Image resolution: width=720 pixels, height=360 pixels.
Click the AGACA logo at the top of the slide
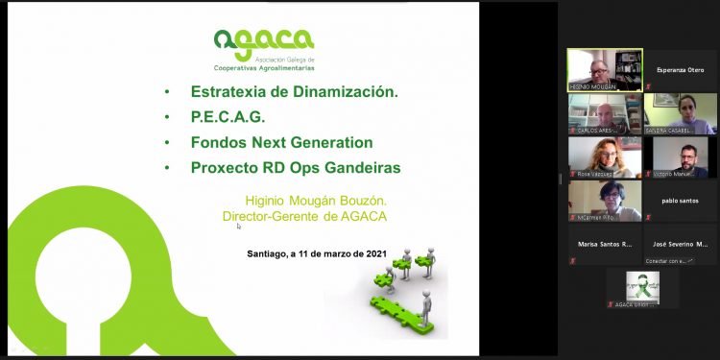tap(264, 49)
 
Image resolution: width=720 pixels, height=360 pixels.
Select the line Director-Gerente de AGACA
tap(304, 217)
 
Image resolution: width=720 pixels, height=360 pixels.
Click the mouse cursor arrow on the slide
tap(238, 227)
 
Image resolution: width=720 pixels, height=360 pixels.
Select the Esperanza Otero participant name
tap(680, 69)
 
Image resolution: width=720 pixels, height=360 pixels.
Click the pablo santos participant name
tap(680, 201)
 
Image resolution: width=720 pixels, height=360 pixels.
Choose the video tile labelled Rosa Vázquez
tap(604, 156)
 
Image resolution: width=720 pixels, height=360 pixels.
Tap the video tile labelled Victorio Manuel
tap(681, 156)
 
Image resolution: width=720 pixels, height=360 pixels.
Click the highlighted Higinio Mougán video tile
tap(604, 69)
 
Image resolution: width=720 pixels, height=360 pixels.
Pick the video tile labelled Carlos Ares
tap(604, 113)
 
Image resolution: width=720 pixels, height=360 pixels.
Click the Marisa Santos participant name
tap(604, 244)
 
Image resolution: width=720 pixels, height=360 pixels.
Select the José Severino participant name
tap(681, 244)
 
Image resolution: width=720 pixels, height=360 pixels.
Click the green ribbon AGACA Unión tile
tap(642, 288)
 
